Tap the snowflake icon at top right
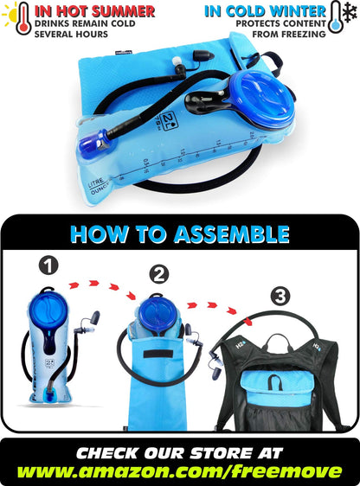[349, 16]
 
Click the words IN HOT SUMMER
[95, 11]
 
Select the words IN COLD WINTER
[266, 11]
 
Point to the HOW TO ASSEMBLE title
[179, 233]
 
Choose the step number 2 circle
[158, 275]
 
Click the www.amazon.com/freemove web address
[180, 471]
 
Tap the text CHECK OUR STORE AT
[180, 451]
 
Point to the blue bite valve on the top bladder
[93, 143]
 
